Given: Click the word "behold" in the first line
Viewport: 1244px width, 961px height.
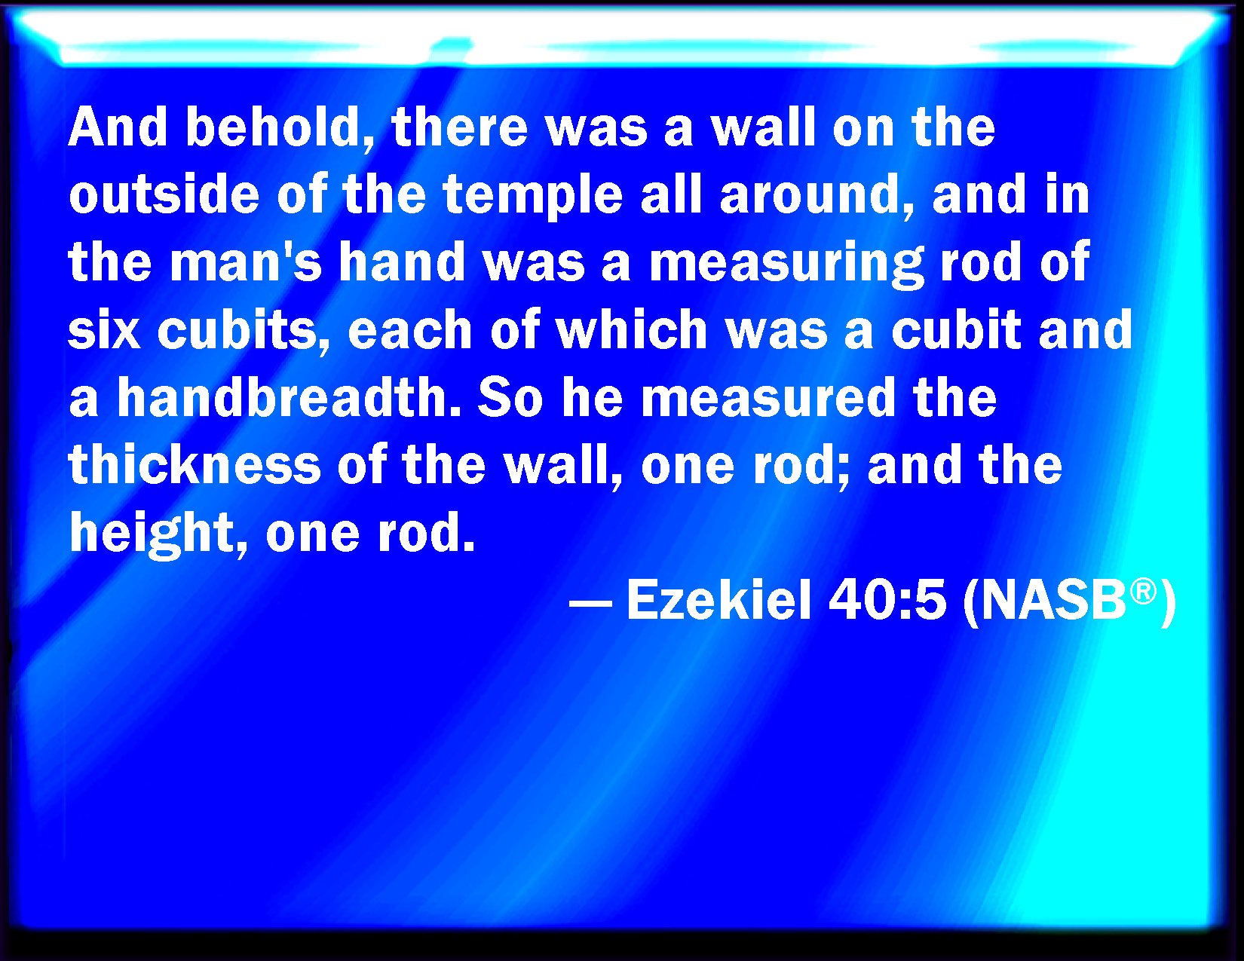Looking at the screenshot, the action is pyautogui.click(x=279, y=128).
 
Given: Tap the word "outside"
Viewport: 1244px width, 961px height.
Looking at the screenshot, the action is pyautogui.click(x=164, y=194).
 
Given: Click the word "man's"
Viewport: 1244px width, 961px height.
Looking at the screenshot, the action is pyautogui.click(x=246, y=262).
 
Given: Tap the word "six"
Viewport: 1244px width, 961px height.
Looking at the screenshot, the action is pyautogui.click(x=104, y=329).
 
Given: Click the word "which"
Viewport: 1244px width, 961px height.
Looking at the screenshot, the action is pyautogui.click(x=633, y=329).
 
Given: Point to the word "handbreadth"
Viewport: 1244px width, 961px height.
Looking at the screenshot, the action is pyautogui.click(x=289, y=396).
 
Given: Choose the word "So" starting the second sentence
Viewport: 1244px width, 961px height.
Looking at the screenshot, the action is pyautogui.click(x=510, y=397).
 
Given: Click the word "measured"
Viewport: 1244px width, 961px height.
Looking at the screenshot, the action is pyautogui.click(x=768, y=397).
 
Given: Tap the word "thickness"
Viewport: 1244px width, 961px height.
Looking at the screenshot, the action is pyautogui.click(x=195, y=464).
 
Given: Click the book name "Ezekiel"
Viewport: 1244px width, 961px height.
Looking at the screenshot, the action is pyautogui.click(x=719, y=599).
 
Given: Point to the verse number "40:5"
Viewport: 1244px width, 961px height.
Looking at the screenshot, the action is pyautogui.click(x=887, y=600).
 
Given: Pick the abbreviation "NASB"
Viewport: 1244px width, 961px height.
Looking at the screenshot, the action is pyautogui.click(x=1054, y=600).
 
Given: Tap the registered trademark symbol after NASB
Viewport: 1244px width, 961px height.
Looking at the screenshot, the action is pyautogui.click(x=1143, y=592).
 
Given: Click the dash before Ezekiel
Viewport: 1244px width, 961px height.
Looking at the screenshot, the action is pyautogui.click(x=591, y=603).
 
